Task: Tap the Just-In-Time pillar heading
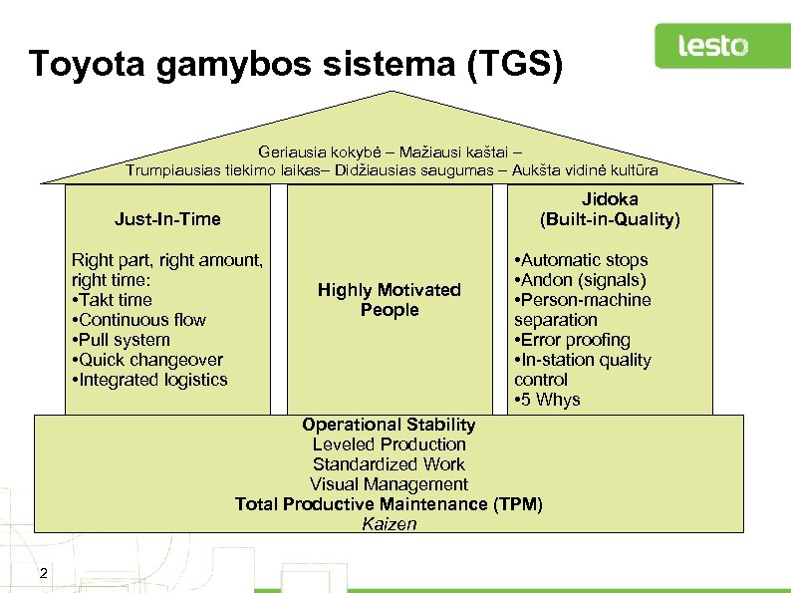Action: [x=167, y=218]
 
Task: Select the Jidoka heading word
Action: [x=610, y=199]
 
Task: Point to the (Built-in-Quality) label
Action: [x=610, y=219]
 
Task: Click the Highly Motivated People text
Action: [x=389, y=300]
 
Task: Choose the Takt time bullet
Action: [x=114, y=300]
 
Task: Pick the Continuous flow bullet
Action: [x=139, y=320]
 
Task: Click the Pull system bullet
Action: [x=122, y=340]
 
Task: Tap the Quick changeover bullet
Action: [x=148, y=360]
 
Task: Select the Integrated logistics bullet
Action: [x=150, y=380]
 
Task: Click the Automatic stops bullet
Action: [x=582, y=260]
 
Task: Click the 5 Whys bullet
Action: [x=548, y=400]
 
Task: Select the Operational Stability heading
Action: [x=389, y=425]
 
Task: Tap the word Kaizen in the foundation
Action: [x=389, y=524]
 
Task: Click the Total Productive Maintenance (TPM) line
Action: [x=389, y=504]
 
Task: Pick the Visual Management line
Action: [x=389, y=484]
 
